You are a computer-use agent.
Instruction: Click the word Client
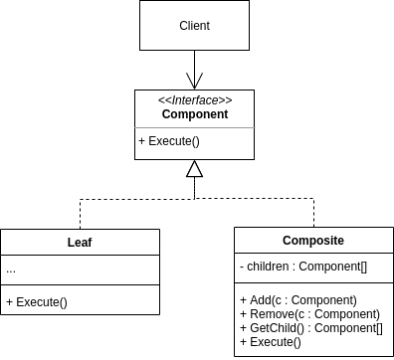click(x=194, y=26)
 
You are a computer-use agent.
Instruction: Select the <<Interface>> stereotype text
click(x=195, y=100)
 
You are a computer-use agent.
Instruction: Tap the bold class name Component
click(x=195, y=114)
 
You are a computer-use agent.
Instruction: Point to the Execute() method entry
click(x=169, y=141)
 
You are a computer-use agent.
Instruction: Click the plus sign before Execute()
click(x=142, y=141)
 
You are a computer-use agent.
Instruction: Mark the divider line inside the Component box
click(x=195, y=128)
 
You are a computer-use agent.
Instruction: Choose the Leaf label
click(x=80, y=242)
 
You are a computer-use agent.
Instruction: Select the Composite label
click(x=313, y=241)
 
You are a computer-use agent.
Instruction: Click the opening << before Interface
click(x=163, y=100)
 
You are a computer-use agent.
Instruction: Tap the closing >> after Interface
click(x=227, y=100)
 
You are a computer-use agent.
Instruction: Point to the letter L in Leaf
click(x=71, y=242)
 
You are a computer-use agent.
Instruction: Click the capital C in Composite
click(x=288, y=241)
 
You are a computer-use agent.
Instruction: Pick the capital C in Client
click(x=182, y=26)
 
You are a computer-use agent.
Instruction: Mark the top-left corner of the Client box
click(x=140, y=1)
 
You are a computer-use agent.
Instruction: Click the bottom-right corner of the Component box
click(x=254, y=159)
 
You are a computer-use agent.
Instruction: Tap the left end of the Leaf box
click(x=2, y=242)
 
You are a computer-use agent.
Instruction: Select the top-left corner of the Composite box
click(x=235, y=228)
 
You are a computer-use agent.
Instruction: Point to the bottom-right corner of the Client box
click(x=248, y=49)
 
